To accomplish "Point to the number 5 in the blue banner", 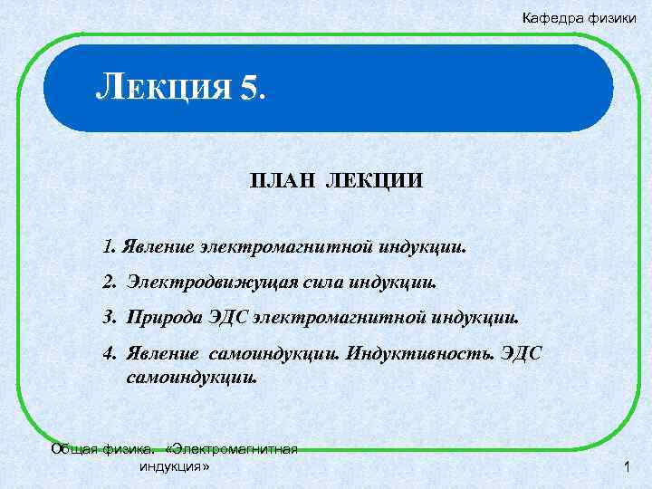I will coord(249,89).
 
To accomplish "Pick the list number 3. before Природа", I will coord(110,318).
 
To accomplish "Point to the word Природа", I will coord(158,318).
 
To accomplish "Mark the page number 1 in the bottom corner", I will coord(626,467).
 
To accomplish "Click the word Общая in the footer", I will coord(72,448).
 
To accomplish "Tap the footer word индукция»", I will coord(174,466).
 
